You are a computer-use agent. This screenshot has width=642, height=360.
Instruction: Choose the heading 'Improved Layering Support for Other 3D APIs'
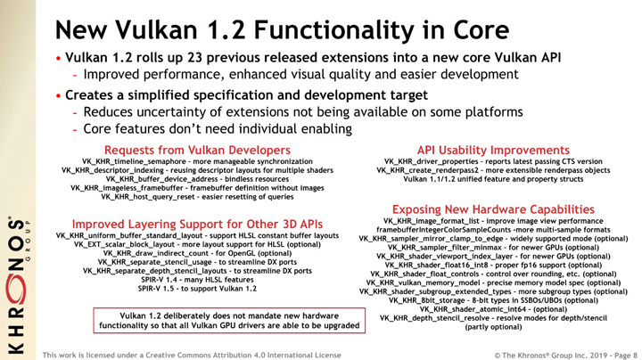(x=197, y=224)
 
